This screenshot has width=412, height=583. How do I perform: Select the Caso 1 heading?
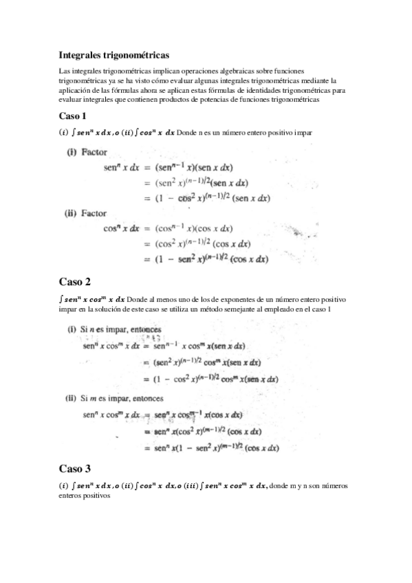[73, 115]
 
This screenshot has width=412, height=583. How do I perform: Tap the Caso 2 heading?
[74, 282]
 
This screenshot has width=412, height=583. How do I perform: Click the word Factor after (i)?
[95, 151]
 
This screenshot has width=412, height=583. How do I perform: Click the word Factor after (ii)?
[94, 213]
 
